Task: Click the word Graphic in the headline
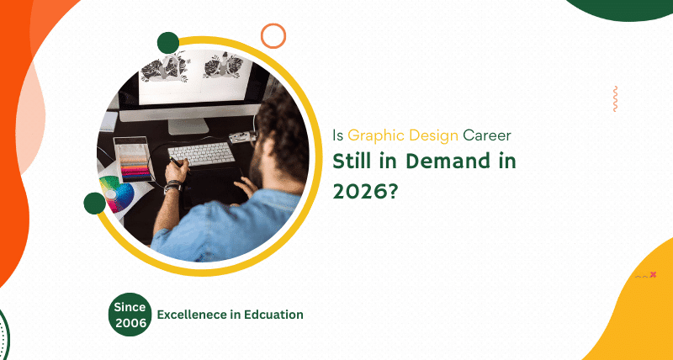[370, 134]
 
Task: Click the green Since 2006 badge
[130, 314]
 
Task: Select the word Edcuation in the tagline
[269, 315]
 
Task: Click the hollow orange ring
[273, 35]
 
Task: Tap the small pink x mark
[653, 274]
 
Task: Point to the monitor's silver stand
[187, 124]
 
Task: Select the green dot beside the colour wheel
[94, 203]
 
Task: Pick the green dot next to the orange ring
[168, 43]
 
